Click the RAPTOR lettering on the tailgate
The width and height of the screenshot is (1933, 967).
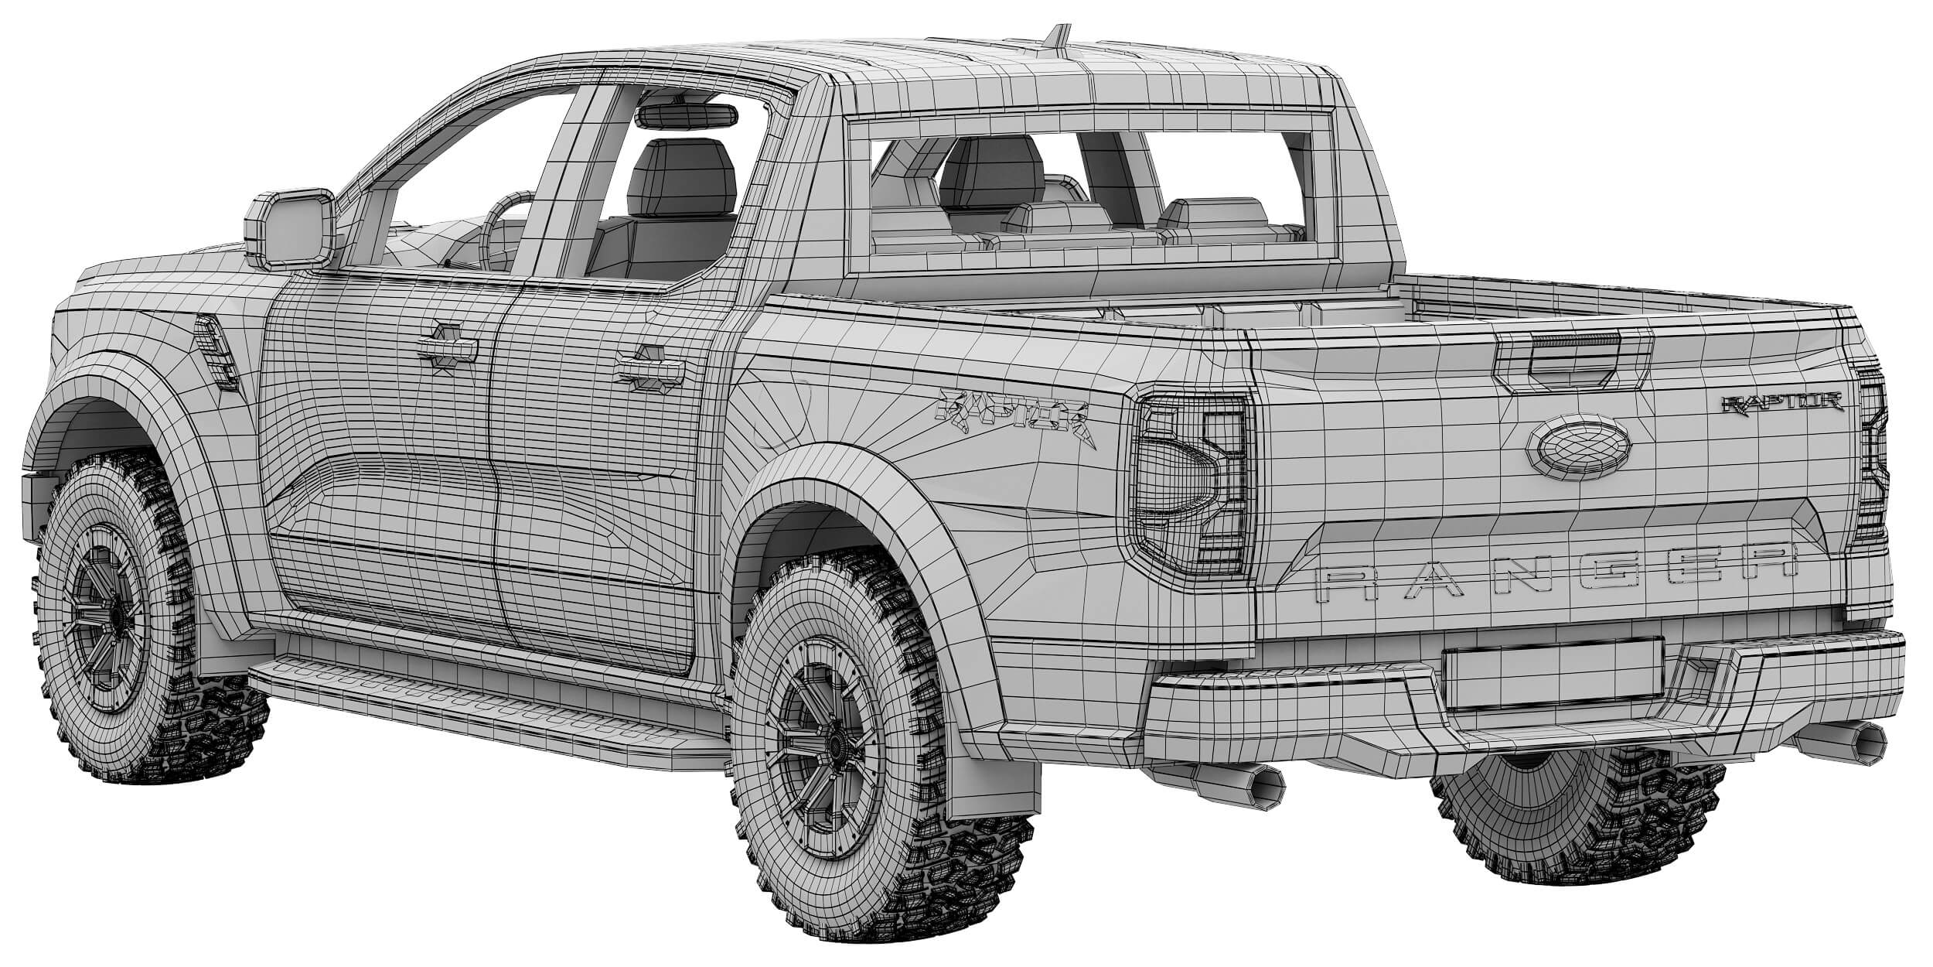1781,401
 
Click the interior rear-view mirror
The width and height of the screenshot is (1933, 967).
687,115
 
